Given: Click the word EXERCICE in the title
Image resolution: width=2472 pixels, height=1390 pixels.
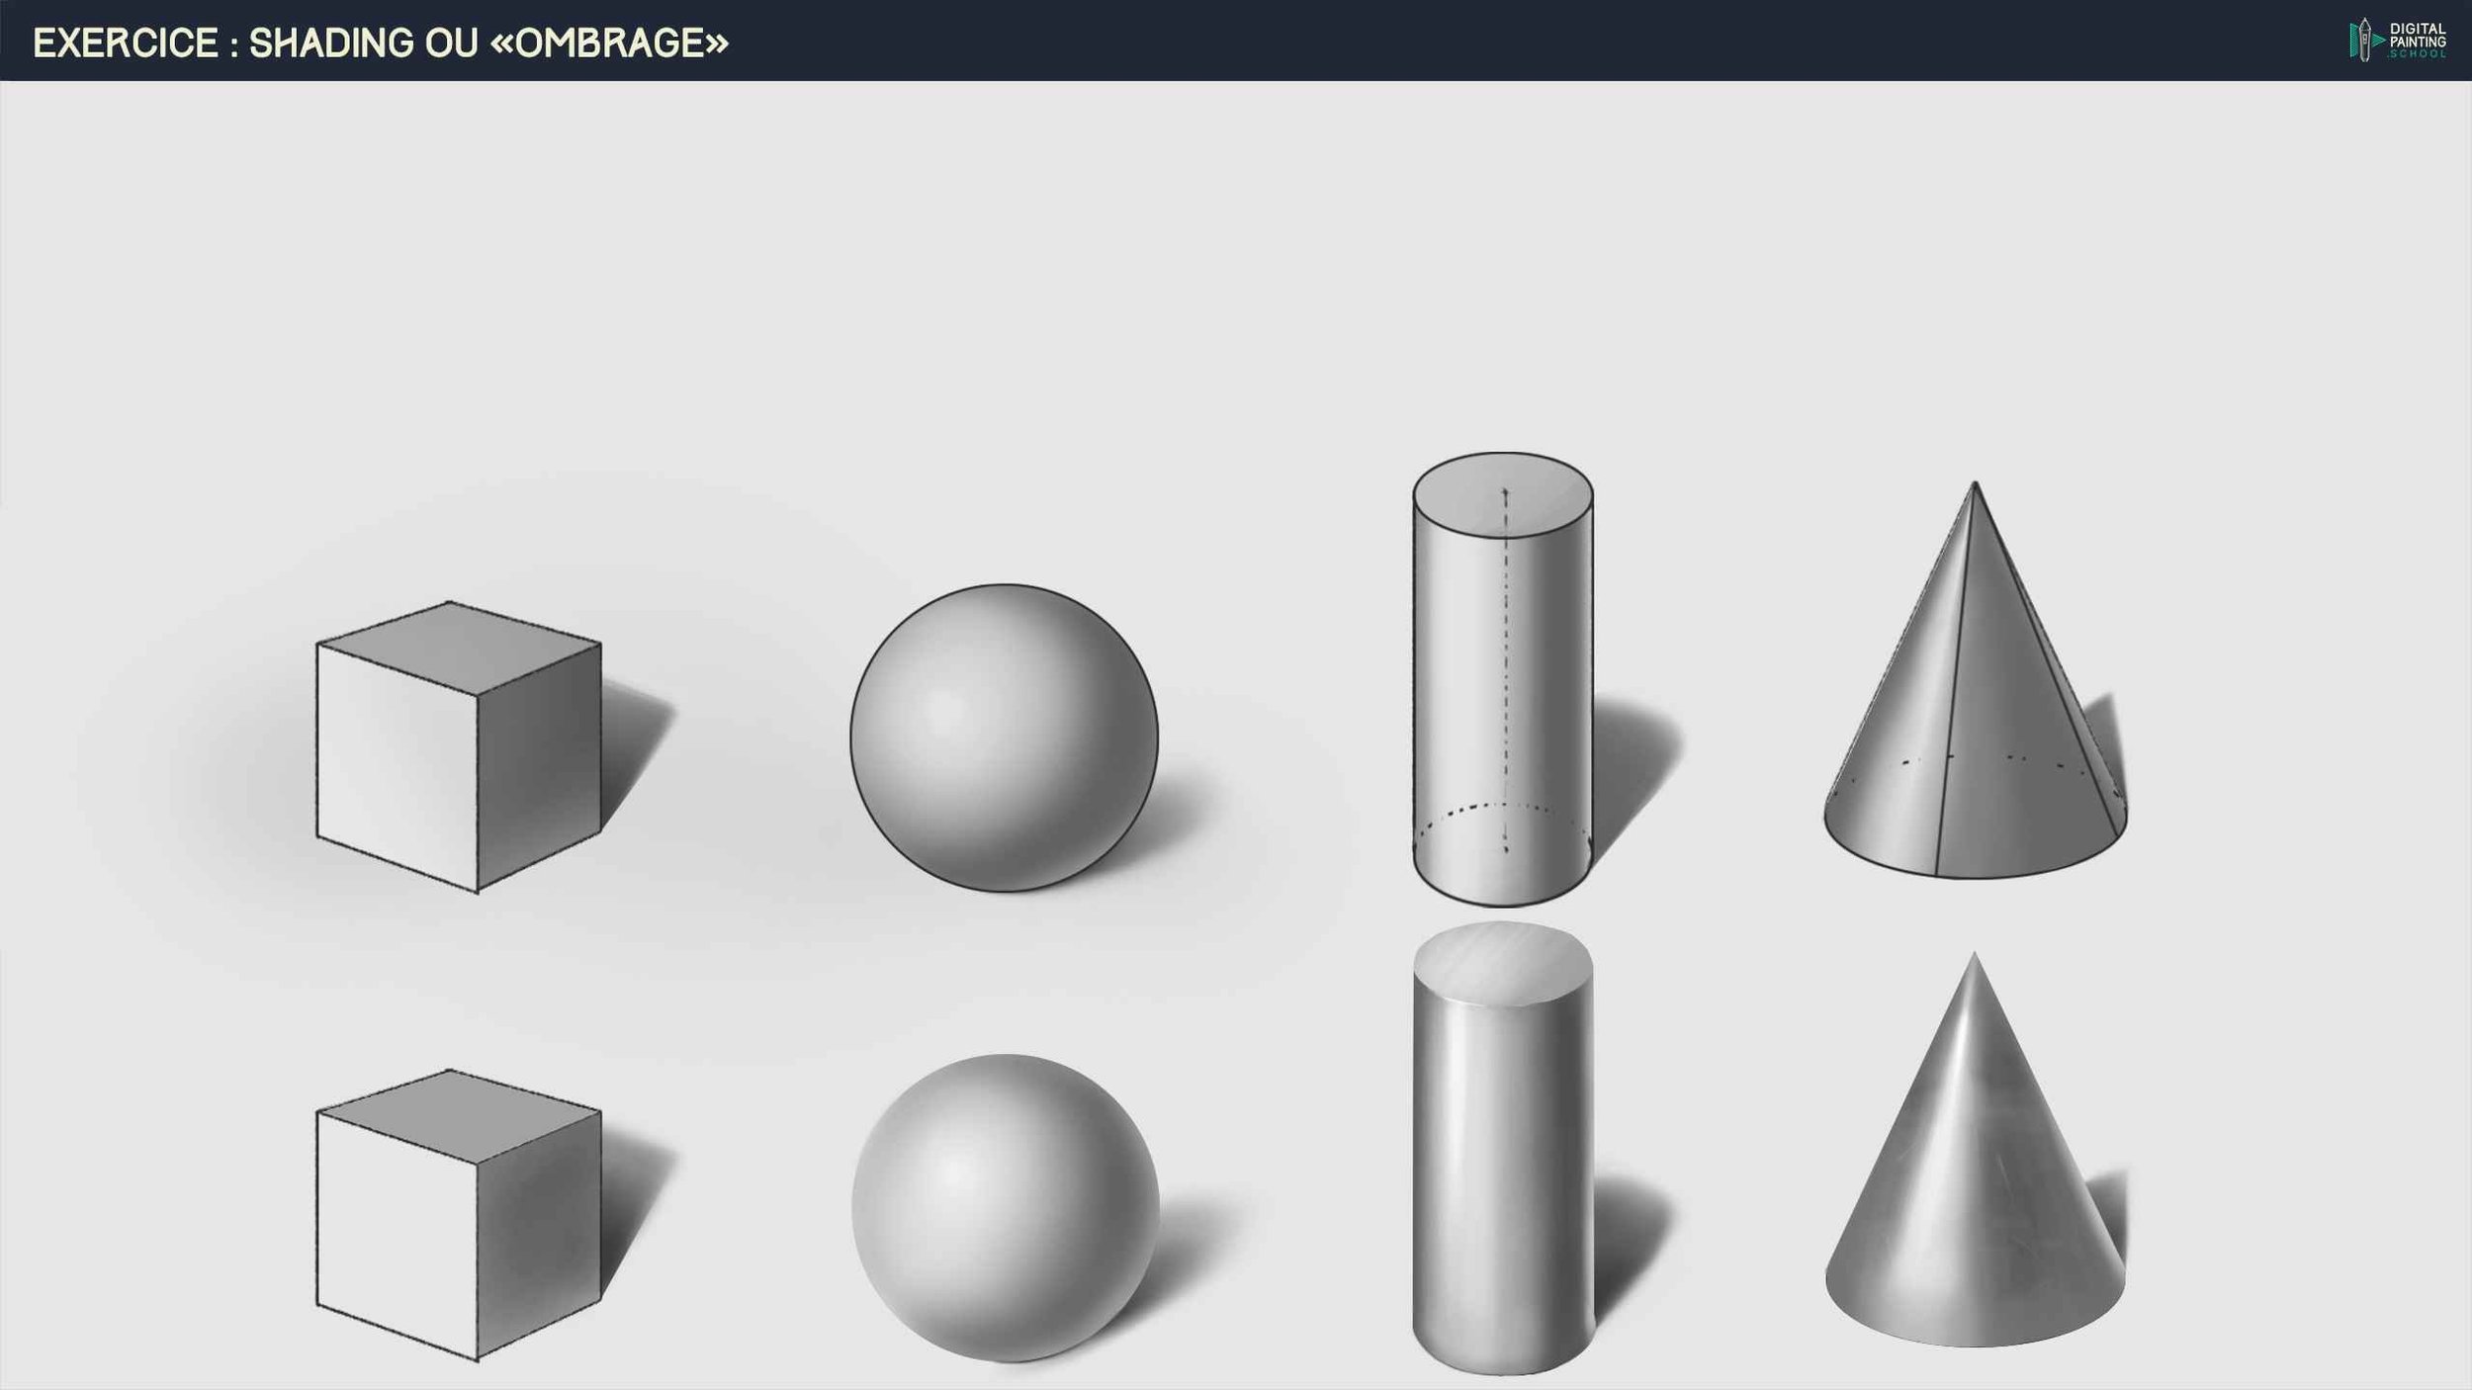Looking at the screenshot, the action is (x=126, y=43).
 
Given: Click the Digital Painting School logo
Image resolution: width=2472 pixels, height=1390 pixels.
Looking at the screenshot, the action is (x=2397, y=41).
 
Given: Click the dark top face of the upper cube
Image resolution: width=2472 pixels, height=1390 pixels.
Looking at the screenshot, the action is (x=458, y=648).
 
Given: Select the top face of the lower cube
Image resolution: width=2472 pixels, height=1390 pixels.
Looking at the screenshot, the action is (x=458, y=1115).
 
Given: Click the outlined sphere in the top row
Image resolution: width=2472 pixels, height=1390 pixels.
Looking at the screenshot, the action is (x=1004, y=738).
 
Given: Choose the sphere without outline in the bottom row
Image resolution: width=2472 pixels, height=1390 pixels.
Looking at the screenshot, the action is (x=1005, y=1207).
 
